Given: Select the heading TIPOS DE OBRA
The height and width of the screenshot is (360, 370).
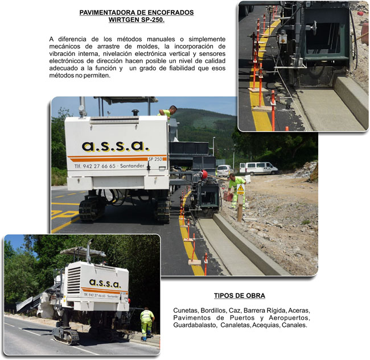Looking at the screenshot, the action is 239,296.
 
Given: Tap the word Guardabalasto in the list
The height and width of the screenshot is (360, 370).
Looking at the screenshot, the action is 195,325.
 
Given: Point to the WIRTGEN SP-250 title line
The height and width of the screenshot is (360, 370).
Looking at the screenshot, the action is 137,20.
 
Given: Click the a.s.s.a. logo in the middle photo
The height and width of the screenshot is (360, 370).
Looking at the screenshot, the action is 116,146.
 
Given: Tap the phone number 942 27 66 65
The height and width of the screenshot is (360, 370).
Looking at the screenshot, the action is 99,166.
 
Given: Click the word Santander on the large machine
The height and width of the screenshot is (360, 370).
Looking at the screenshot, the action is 132,165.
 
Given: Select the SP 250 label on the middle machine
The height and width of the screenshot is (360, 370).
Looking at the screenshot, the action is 155,159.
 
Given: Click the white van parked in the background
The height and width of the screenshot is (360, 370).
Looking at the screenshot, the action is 258,168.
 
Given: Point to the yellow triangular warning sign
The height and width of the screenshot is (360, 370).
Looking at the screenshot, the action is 240,188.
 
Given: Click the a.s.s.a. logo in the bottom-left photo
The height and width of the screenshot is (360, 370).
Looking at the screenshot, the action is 105,283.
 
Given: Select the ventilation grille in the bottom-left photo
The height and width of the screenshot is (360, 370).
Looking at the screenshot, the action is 74,280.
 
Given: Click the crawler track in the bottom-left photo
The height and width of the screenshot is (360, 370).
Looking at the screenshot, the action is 66,336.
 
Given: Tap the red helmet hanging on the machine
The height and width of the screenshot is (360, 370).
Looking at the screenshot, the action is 204,175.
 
